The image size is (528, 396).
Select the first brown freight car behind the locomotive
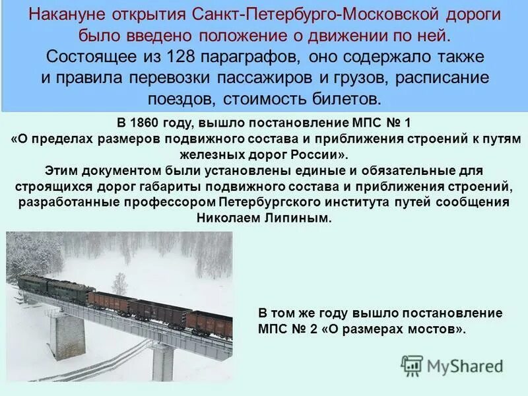[x=112, y=301]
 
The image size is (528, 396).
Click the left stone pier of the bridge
[x=68, y=334]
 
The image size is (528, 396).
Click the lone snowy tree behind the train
[x=119, y=281]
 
